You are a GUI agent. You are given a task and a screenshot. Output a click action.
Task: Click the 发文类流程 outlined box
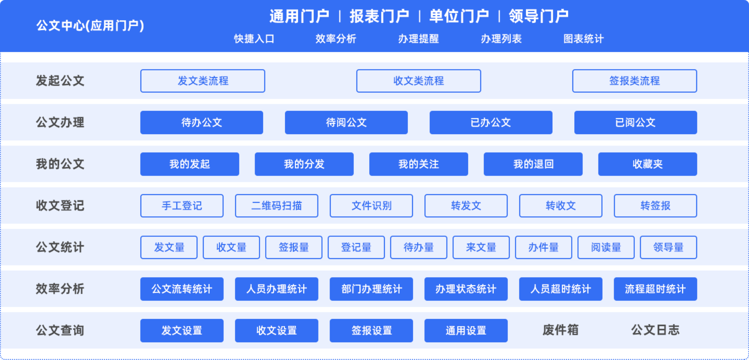tap(203, 81)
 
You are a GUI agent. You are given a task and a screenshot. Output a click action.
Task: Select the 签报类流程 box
tap(635, 81)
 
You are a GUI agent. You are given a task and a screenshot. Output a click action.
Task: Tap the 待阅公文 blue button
tap(346, 122)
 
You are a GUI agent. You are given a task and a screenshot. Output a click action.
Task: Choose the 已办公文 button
tap(491, 122)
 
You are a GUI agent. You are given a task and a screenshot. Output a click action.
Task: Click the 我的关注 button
tap(419, 164)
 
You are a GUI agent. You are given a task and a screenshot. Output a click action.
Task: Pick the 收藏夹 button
tap(647, 164)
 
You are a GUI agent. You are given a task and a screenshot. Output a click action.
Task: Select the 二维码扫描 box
tap(277, 206)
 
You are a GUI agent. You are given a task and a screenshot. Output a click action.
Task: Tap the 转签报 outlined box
tap(656, 206)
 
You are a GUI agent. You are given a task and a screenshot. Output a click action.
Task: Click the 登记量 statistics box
tap(356, 247)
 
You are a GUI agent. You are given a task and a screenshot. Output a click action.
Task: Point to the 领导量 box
tap(668, 247)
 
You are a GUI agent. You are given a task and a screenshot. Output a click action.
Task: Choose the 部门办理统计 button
tap(371, 289)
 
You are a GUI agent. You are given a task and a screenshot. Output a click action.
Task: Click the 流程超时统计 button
tap(656, 289)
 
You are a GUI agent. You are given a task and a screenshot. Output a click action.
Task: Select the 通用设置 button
tap(466, 331)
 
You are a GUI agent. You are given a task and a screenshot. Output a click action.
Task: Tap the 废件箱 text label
tap(560, 330)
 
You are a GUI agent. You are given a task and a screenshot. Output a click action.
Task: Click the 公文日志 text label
tap(656, 330)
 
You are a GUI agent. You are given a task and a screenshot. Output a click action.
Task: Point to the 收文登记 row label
tap(60, 206)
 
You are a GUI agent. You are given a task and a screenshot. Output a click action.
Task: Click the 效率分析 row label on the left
tap(60, 289)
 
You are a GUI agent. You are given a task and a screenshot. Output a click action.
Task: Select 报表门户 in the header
tap(379, 16)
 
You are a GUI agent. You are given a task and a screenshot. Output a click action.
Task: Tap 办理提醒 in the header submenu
tap(419, 39)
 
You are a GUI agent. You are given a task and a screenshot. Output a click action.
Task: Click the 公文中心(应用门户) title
tap(90, 26)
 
